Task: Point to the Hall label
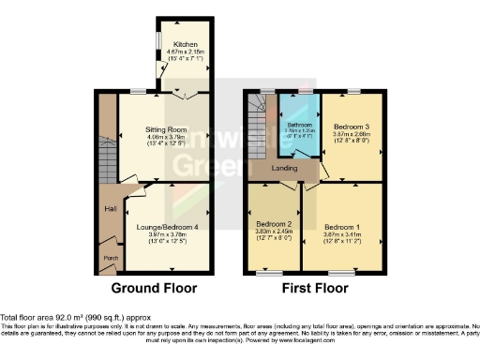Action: pyautogui.click(x=111, y=209)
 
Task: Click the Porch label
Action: pyautogui.click(x=109, y=258)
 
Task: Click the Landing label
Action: pyautogui.click(x=285, y=169)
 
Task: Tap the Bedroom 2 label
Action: pyautogui.click(x=270, y=226)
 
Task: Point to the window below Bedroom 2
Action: pyautogui.click(x=271, y=273)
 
